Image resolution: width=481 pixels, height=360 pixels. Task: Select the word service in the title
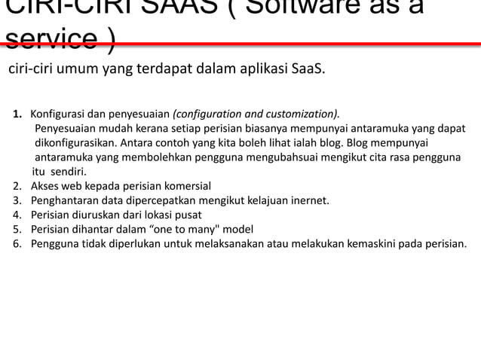coord(50,38)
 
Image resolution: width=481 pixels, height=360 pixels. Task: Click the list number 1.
coord(17,114)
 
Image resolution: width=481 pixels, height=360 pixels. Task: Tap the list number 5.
coord(17,228)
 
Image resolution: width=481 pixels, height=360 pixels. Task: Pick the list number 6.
coord(17,243)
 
